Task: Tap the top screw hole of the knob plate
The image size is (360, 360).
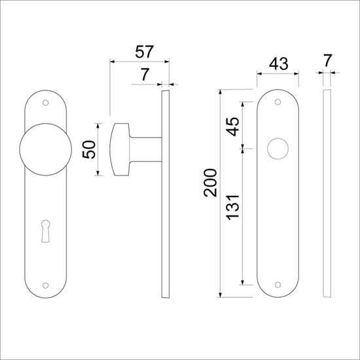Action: pos(45,103)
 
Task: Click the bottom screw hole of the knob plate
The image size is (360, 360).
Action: pos(45,285)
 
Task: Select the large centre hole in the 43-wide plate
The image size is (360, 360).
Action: pos(277,149)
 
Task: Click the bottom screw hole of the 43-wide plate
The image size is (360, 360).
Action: pos(278,285)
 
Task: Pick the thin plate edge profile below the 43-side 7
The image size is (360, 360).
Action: pos(327,196)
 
